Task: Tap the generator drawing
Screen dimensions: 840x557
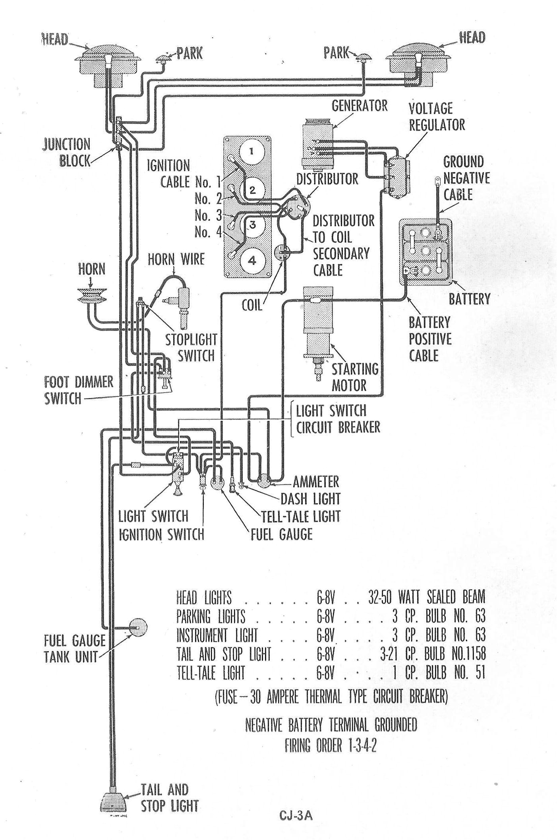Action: point(316,143)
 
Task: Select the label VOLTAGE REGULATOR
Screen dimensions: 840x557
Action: point(436,116)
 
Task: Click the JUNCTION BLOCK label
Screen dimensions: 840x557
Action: point(67,152)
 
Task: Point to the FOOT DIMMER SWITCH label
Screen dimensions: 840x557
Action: point(79,390)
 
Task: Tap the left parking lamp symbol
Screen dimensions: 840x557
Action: point(162,59)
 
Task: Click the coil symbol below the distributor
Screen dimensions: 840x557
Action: point(282,252)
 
